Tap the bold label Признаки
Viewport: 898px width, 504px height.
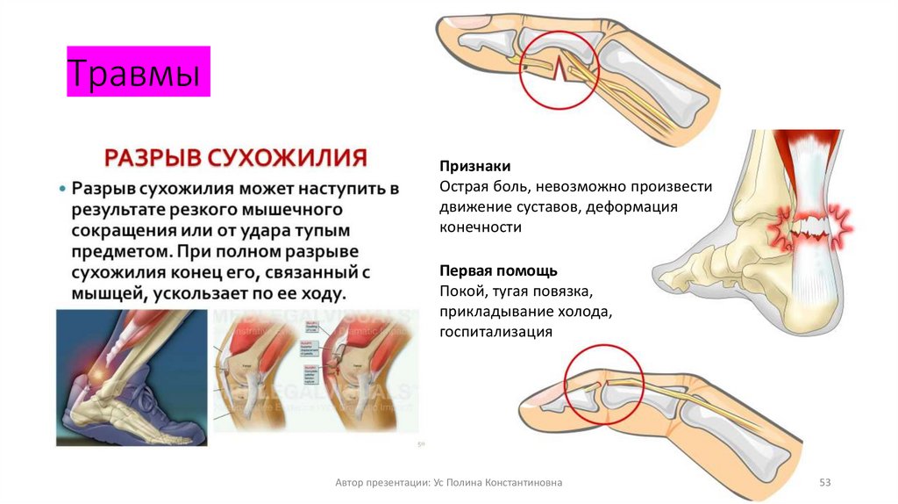pos(474,167)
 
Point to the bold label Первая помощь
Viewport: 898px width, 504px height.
pos(498,270)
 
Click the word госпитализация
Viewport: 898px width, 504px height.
pos(495,332)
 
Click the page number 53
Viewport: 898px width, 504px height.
pos(824,482)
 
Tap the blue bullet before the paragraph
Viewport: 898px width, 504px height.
pos(62,190)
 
